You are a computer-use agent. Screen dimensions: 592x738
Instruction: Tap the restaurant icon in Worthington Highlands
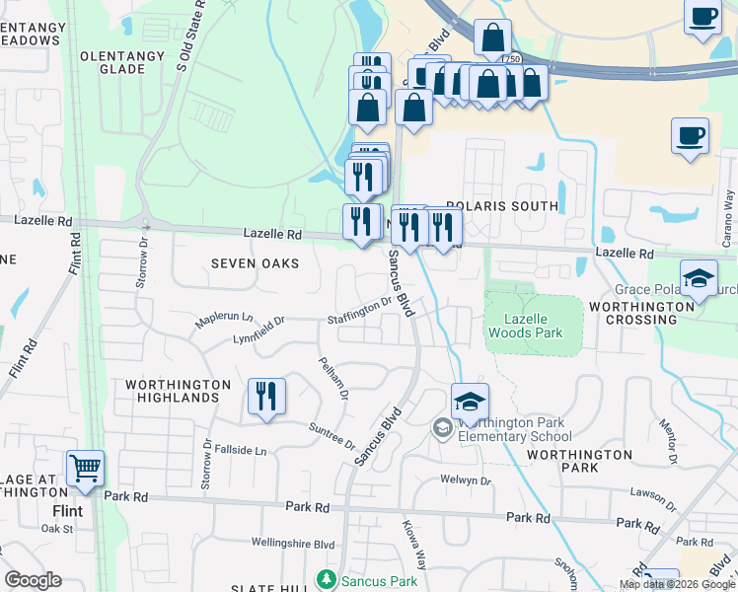266,398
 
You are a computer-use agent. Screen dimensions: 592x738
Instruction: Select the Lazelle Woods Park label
533,326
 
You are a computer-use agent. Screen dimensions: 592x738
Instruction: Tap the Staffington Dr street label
361,311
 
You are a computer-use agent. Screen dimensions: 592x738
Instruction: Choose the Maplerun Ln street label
224,321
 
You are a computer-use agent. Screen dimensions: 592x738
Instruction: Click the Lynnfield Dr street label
258,328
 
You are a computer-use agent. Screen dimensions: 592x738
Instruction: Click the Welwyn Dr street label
467,481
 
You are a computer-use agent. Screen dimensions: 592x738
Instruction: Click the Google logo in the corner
33,580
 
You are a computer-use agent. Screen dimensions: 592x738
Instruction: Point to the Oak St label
58,529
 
